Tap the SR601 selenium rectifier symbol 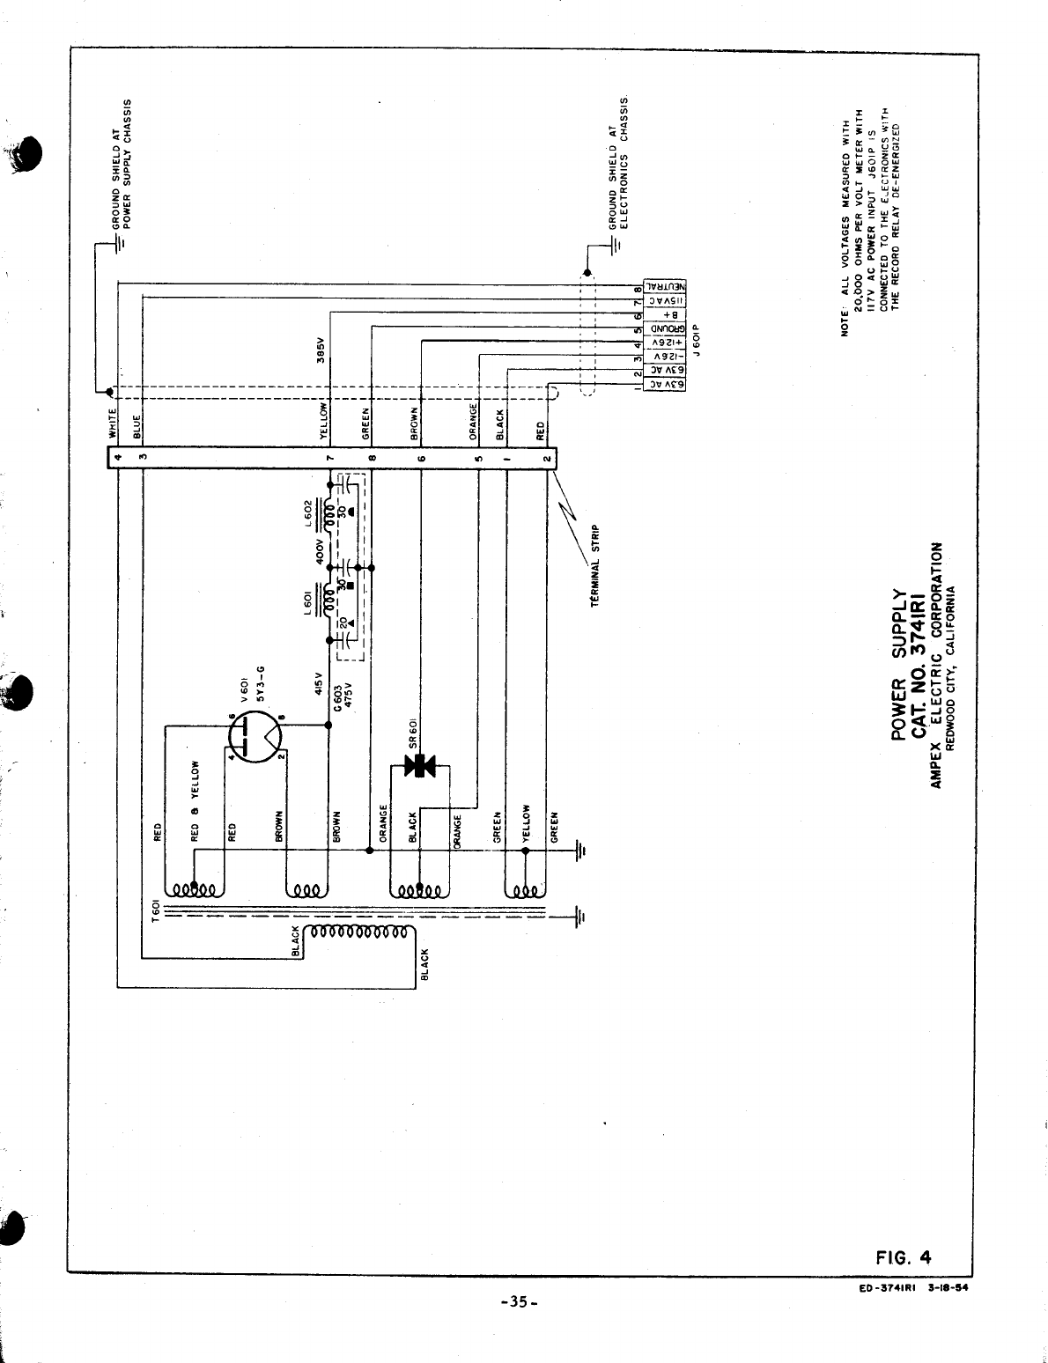pos(421,764)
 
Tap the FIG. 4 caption pos(904,1256)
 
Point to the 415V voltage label pos(318,685)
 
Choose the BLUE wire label pos(137,427)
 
